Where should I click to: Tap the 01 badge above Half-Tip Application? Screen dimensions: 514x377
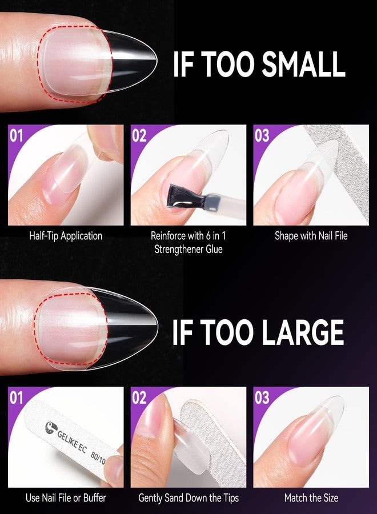[17, 135]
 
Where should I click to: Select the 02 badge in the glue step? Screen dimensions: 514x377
[140, 135]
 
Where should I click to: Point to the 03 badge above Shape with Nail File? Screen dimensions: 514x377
[262, 135]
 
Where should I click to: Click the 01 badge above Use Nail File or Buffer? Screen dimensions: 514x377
[17, 397]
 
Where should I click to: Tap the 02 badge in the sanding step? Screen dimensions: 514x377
[140, 397]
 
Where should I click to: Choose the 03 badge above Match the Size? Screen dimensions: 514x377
[262, 397]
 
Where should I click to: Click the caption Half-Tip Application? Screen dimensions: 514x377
[66, 235]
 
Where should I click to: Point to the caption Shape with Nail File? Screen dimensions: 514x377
[311, 235]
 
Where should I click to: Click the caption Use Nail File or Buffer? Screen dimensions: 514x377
[66, 498]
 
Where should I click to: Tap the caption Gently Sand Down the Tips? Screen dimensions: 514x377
[188, 498]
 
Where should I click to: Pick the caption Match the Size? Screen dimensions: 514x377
[311, 498]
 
